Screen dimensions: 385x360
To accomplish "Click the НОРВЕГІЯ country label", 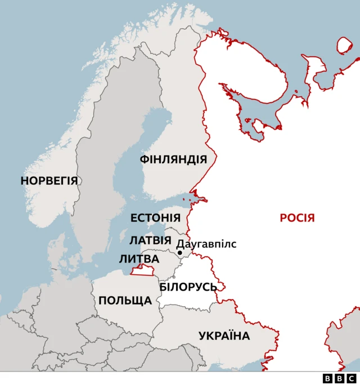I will (x=49, y=181).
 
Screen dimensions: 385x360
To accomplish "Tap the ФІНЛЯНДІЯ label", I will (x=173, y=160).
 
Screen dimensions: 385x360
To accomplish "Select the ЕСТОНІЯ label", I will (x=155, y=218).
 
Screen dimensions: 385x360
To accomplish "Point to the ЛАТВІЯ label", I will (x=150, y=240).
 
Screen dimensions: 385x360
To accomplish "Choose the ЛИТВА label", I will (x=139, y=259).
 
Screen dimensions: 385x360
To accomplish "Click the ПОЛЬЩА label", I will (x=125, y=300).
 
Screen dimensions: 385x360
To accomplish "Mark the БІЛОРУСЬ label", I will (x=188, y=287).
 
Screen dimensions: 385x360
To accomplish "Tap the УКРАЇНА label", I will (x=224, y=336).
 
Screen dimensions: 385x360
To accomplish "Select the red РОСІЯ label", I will (x=297, y=218).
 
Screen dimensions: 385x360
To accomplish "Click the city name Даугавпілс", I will (x=206, y=244).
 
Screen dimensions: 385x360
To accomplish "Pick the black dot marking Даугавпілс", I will (x=180, y=253).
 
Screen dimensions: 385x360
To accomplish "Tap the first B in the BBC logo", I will (x=328, y=378).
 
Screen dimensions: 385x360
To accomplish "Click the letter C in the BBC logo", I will (x=351, y=378).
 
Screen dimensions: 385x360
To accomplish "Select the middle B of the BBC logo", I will (x=339, y=378).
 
